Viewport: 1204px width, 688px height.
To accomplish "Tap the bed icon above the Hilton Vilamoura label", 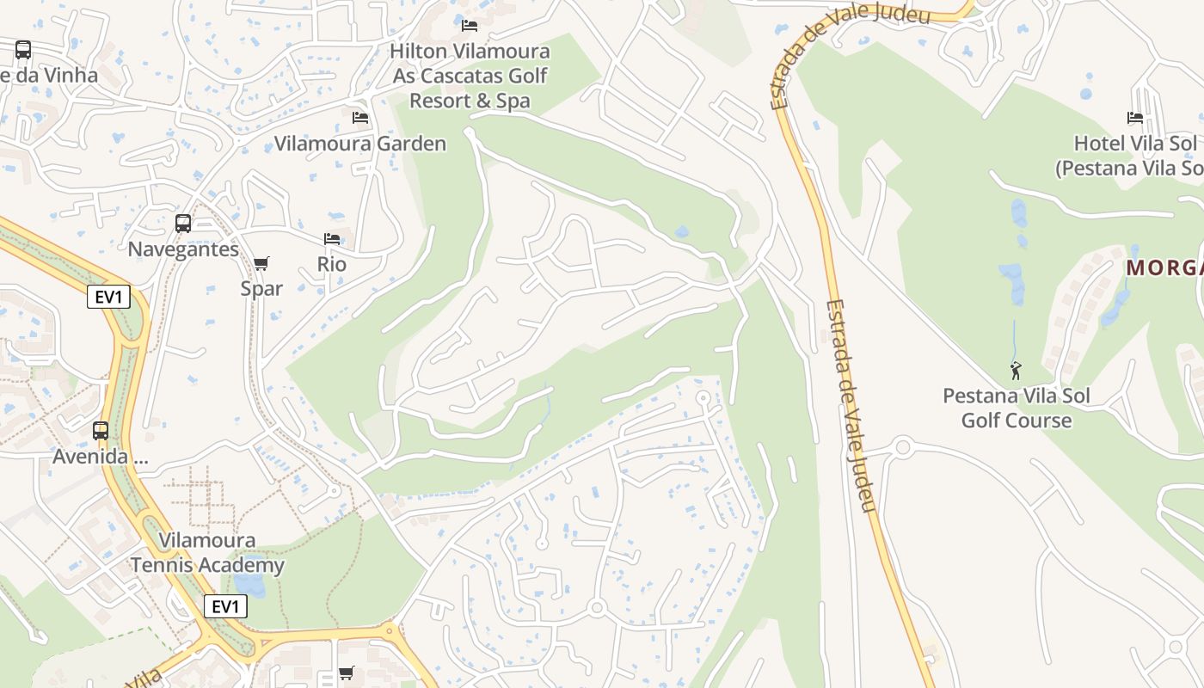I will (x=470, y=26).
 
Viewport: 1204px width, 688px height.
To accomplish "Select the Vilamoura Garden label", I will (x=360, y=144).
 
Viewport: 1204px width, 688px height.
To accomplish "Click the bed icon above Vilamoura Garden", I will (x=360, y=117).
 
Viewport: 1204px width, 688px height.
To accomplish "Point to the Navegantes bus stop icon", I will (x=183, y=224).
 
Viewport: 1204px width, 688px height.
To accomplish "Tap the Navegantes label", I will (x=183, y=249).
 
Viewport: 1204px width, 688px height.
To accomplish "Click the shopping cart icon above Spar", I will (x=261, y=263).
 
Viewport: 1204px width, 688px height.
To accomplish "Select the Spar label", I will (x=261, y=289).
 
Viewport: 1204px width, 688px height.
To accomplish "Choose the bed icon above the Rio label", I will (x=332, y=238).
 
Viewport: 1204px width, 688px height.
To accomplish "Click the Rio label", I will (x=332, y=264).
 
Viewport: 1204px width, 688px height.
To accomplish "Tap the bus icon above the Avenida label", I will (x=101, y=430).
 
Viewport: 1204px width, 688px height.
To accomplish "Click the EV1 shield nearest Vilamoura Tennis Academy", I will (x=225, y=606).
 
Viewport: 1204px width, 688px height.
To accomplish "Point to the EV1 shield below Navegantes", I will (x=108, y=298).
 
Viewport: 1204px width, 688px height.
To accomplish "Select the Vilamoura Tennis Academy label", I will (x=207, y=553).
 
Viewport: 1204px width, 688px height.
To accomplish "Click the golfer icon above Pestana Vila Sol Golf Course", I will (x=1017, y=371).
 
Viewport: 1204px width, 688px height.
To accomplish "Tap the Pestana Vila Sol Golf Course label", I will (x=1017, y=408).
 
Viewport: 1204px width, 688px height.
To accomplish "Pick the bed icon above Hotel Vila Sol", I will (x=1135, y=118).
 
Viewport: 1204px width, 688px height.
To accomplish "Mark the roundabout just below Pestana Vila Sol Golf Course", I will (x=902, y=447).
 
